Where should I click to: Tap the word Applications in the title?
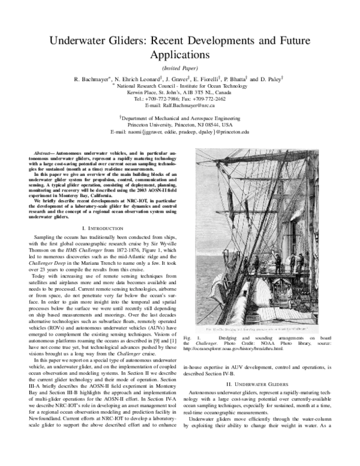(x=179, y=55)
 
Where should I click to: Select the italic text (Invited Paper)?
(x=179, y=68)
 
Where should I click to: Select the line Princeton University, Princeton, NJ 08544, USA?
(x=179, y=124)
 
